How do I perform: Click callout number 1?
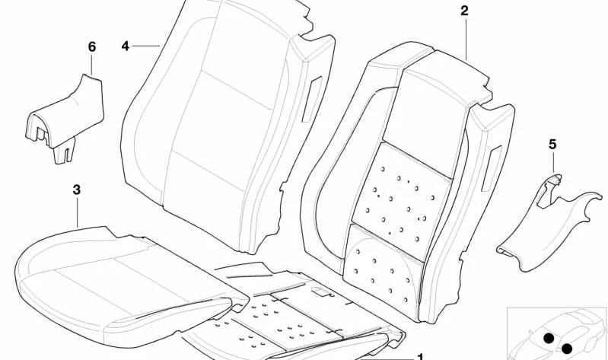(420, 356)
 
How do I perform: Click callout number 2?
(464, 11)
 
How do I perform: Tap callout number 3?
(77, 190)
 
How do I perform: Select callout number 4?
(125, 46)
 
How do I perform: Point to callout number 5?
(552, 145)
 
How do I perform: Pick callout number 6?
(92, 47)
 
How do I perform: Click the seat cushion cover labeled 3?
(124, 287)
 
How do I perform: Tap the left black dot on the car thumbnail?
(549, 338)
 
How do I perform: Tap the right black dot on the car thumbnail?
(566, 349)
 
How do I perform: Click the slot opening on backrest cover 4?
(312, 99)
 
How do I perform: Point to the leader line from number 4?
(146, 46)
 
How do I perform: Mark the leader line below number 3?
(77, 212)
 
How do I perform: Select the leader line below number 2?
(466, 40)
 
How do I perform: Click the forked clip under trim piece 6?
(64, 151)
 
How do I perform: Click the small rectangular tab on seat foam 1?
(320, 291)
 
